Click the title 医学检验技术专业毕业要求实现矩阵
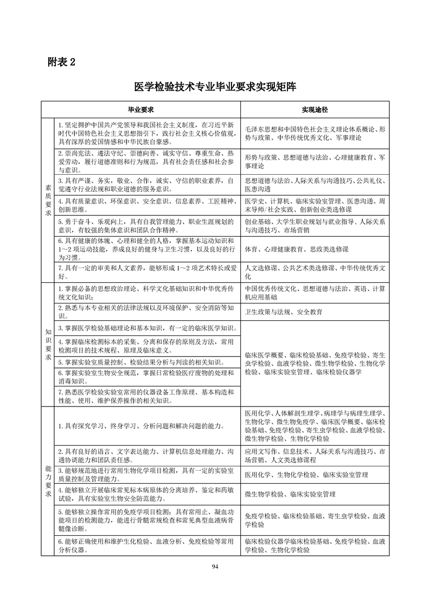tap(215, 86)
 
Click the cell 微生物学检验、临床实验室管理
tap(290, 494)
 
